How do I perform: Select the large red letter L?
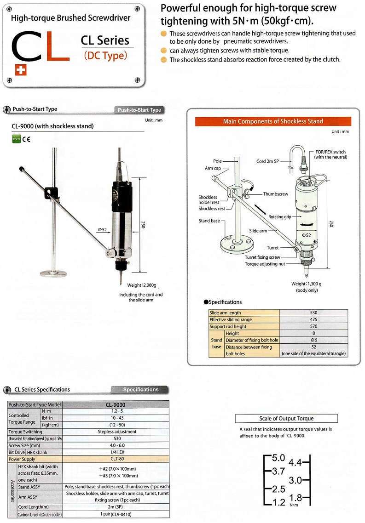pyautogui.click(x=58, y=46)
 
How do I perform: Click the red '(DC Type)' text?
pyautogui.click(x=105, y=56)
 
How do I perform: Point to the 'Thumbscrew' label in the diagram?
pyautogui.click(x=276, y=194)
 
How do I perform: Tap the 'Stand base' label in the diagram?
pyautogui.click(x=209, y=221)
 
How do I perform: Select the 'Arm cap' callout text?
pyautogui.click(x=213, y=168)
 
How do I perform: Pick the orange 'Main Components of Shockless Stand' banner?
pyautogui.click(x=273, y=121)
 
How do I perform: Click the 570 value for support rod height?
pyautogui.click(x=314, y=326)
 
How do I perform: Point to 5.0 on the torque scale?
pyautogui.click(x=278, y=458)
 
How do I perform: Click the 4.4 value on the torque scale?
pyautogui.click(x=295, y=463)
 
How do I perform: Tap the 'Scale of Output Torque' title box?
pyautogui.click(x=286, y=419)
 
